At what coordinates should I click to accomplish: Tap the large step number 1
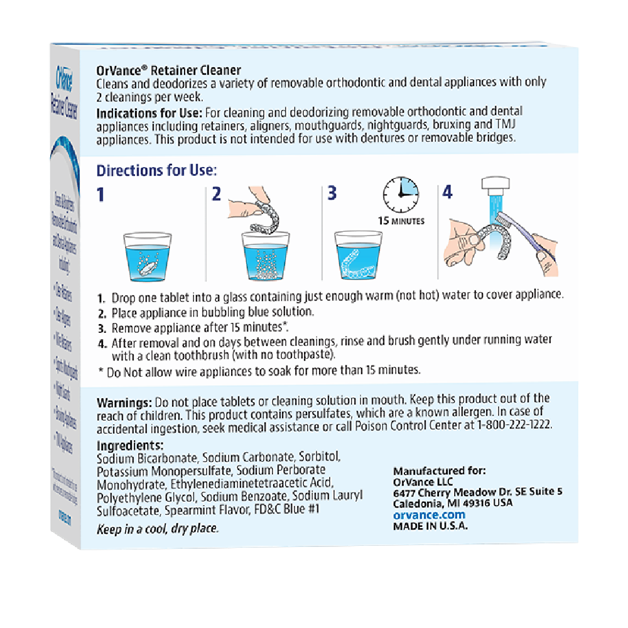pyautogui.click(x=100, y=194)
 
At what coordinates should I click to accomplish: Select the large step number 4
pyautogui.click(x=447, y=192)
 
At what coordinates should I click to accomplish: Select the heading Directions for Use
pyautogui.click(x=156, y=171)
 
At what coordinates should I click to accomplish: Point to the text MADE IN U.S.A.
pyautogui.click(x=430, y=526)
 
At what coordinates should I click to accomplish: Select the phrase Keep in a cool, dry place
pyautogui.click(x=158, y=529)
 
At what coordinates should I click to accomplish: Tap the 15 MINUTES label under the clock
pyautogui.click(x=401, y=220)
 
